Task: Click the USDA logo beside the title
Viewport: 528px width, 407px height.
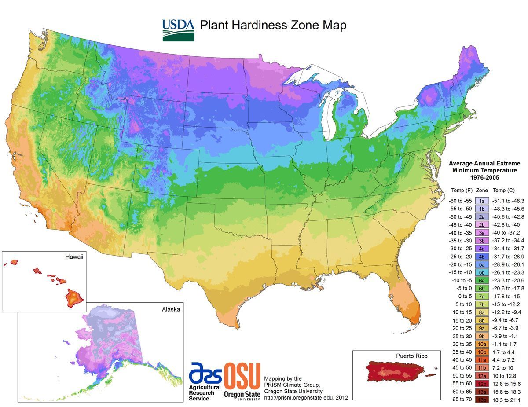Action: point(178,29)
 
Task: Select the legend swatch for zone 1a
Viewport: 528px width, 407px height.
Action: point(482,200)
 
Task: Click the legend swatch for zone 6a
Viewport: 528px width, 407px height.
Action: point(482,280)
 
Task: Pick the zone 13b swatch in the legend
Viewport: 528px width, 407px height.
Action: point(482,400)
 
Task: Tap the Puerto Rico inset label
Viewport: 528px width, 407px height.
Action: point(411,356)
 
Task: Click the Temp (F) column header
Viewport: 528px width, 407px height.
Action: point(461,191)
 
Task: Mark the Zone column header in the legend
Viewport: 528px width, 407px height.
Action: point(482,191)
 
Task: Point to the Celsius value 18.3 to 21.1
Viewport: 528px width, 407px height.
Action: point(506,400)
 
